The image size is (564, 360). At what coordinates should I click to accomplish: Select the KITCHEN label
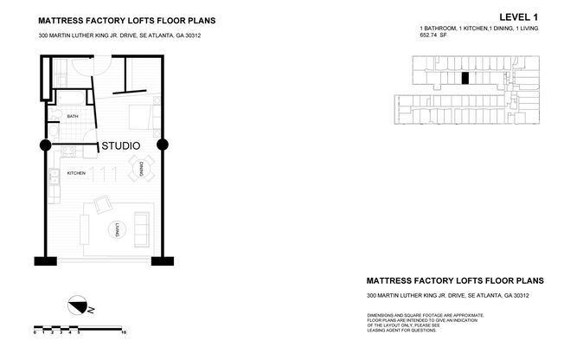[76, 174]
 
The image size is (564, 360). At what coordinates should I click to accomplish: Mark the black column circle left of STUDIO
[45, 145]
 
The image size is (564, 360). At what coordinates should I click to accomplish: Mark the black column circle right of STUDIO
[162, 145]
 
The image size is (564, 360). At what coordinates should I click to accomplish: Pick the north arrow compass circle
[79, 306]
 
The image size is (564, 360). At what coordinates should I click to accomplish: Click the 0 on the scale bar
[35, 331]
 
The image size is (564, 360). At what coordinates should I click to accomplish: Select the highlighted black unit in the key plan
[465, 78]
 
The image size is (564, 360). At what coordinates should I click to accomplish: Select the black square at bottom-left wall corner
[39, 261]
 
